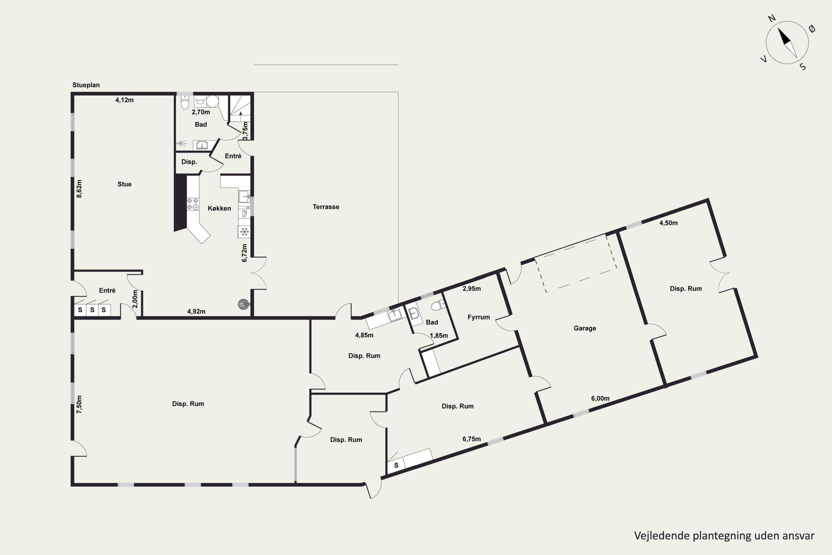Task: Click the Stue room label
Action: point(125,184)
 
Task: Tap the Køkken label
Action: point(219,208)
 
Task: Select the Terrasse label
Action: point(326,207)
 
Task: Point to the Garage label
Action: point(585,328)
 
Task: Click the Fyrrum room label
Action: point(479,317)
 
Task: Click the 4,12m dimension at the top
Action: point(125,100)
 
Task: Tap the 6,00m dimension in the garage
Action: point(600,398)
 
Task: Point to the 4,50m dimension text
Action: point(669,223)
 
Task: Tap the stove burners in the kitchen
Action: point(192,204)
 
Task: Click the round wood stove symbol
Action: point(243,304)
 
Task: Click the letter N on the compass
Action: point(772,18)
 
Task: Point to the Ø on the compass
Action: point(812,29)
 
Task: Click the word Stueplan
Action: point(86,85)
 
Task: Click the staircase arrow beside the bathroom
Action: point(240,113)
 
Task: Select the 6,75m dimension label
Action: point(471,439)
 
